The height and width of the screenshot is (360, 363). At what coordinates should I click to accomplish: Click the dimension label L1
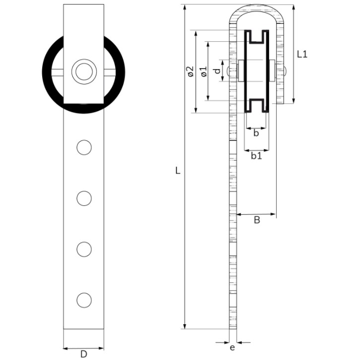[302, 54]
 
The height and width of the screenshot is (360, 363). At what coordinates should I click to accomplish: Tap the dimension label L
[178, 171]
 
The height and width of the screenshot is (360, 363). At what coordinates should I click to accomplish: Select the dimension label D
[83, 354]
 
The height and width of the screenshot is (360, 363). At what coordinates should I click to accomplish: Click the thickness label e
[232, 348]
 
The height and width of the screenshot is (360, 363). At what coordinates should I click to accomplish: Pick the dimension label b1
[256, 156]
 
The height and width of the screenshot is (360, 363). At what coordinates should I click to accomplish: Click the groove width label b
[256, 133]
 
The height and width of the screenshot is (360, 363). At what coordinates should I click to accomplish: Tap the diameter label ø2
[190, 71]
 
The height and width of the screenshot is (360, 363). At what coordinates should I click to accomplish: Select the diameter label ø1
[203, 71]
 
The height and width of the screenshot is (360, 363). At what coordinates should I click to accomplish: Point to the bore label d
[216, 71]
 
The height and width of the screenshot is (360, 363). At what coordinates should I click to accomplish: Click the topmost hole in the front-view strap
[84, 147]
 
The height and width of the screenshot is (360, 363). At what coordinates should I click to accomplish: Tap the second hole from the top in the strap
[84, 198]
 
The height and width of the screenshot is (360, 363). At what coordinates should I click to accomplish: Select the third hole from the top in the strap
[84, 249]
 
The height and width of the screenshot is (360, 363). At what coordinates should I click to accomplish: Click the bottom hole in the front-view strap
[84, 300]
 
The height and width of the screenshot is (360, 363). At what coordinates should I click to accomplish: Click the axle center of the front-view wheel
[83, 72]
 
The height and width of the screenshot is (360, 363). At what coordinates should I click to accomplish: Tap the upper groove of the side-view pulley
[256, 37]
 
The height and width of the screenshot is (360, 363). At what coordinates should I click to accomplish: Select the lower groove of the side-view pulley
[256, 105]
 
